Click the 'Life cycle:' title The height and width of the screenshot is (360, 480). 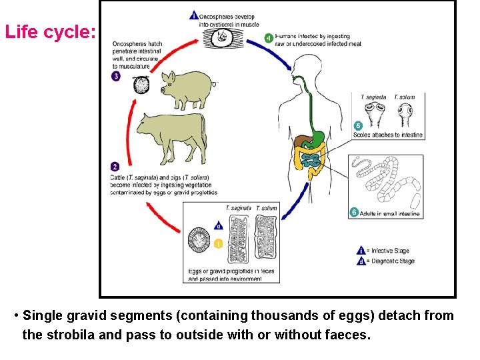pos(50,31)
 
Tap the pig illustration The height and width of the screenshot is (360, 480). pos(181,89)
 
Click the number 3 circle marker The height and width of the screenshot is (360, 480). pos(115,77)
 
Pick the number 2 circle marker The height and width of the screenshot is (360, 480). pos(115,167)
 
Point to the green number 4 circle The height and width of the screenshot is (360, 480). pos(268,38)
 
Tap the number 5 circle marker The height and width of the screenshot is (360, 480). pos(358,125)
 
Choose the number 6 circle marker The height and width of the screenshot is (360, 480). pos(354,213)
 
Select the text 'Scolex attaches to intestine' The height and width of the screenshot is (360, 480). pos(388,135)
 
